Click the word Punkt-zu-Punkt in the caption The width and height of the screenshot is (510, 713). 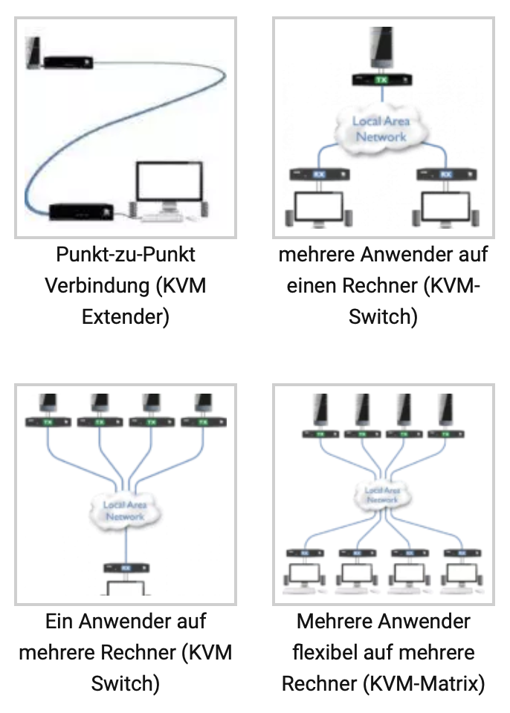click(x=125, y=255)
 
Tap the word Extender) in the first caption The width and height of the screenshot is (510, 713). click(x=125, y=317)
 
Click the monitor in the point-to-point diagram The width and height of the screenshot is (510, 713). click(x=169, y=186)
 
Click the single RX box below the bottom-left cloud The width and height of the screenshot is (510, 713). click(x=125, y=567)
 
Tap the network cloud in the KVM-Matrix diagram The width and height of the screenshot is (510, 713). click(x=382, y=495)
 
